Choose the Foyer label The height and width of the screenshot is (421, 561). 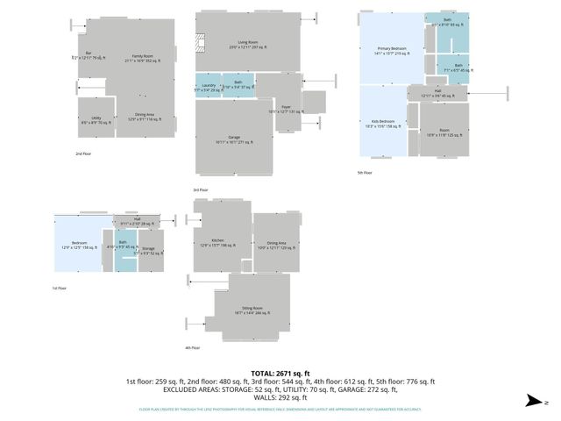(x=273, y=109)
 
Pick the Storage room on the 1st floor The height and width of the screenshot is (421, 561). (x=149, y=250)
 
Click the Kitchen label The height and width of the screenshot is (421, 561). (x=217, y=242)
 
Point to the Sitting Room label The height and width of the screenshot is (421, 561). (x=252, y=310)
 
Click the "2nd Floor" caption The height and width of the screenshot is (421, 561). (x=84, y=153)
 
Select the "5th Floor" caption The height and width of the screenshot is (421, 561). (x=365, y=173)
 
